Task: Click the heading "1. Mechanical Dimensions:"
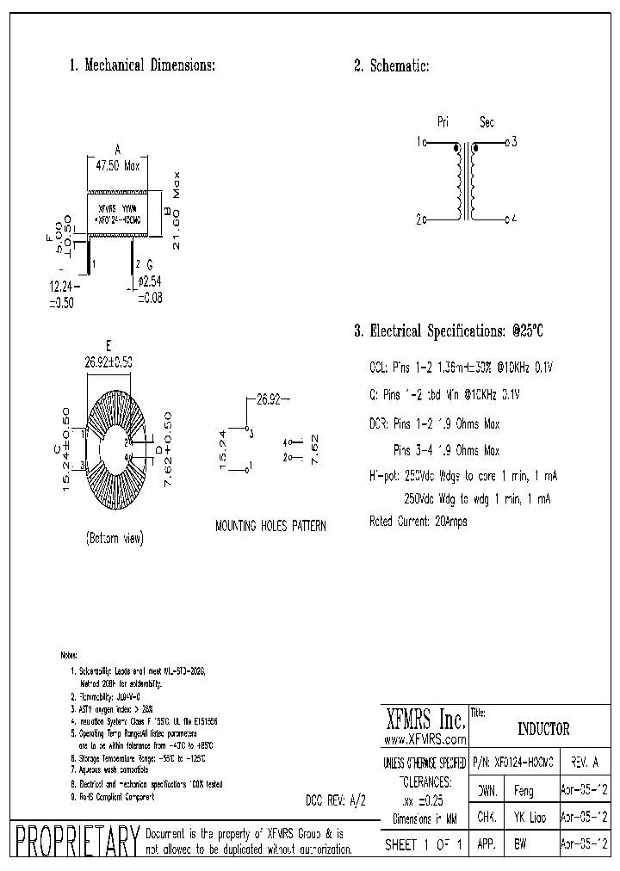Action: click(x=141, y=66)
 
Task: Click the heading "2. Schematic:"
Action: click(x=391, y=66)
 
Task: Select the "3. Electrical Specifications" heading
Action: click(x=449, y=330)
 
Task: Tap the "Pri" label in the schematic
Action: click(x=443, y=122)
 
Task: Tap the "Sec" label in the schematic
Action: click(x=487, y=122)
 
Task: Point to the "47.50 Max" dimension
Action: click(x=117, y=166)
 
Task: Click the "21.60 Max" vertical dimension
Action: click(x=177, y=212)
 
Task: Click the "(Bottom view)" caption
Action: click(x=115, y=538)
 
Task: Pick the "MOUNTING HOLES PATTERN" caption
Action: click(x=270, y=525)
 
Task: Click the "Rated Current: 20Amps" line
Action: click(x=418, y=522)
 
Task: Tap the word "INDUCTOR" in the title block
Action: click(x=543, y=729)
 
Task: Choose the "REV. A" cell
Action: click(x=585, y=763)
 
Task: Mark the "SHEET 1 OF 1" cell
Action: click(x=424, y=845)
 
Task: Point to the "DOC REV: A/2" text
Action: click(x=336, y=800)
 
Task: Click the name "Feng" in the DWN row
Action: click(x=524, y=790)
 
